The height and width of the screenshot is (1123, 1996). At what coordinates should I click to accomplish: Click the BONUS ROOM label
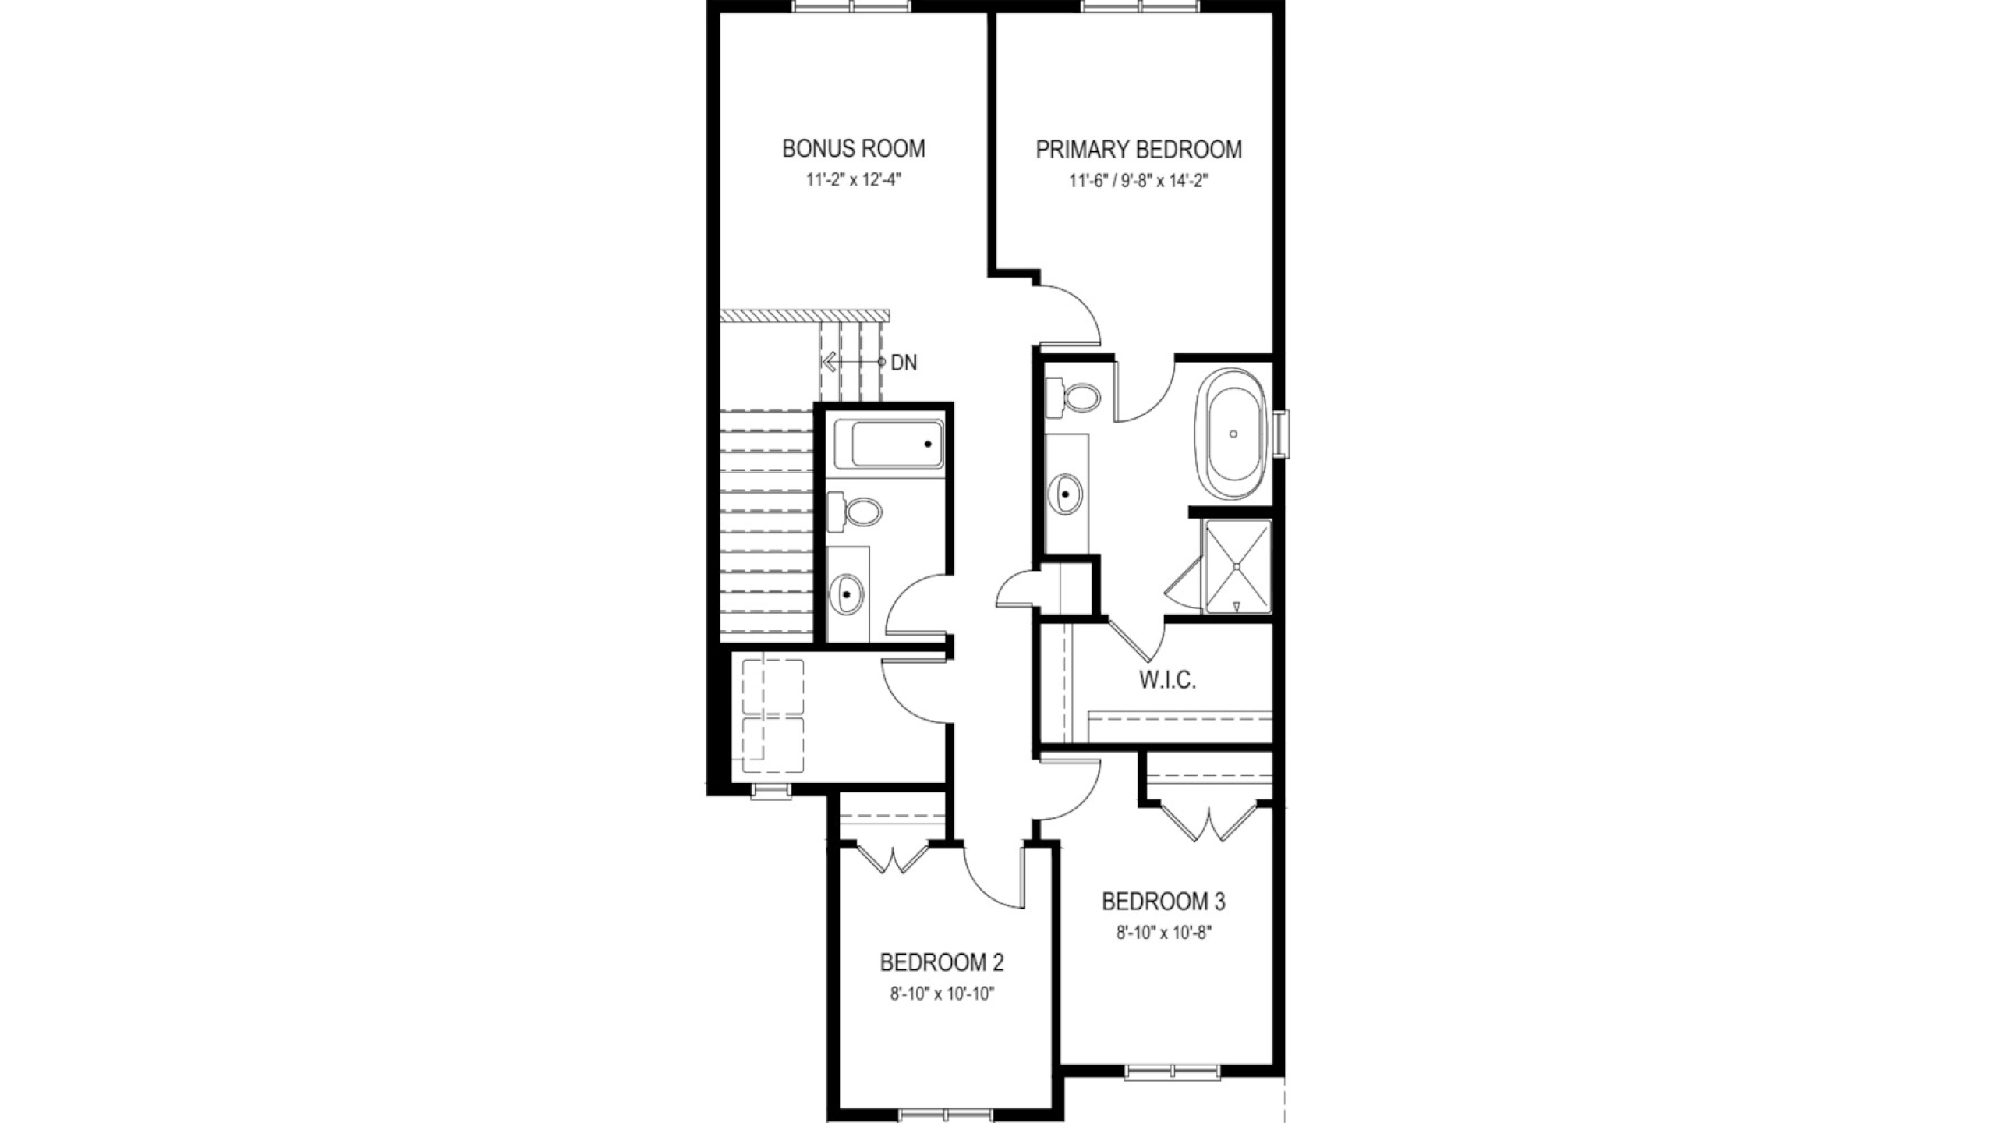pos(854,148)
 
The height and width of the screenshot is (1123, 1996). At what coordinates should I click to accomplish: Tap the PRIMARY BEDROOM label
pos(1139,149)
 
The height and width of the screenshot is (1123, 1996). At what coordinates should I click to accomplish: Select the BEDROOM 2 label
pos(942,962)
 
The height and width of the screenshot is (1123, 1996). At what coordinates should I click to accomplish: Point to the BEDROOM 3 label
pos(1163,902)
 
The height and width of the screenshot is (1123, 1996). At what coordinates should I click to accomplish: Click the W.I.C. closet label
pos(1167,680)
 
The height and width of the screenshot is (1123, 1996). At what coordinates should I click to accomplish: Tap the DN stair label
pos(904,363)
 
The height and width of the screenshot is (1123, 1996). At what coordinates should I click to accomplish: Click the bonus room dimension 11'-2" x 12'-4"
pos(854,180)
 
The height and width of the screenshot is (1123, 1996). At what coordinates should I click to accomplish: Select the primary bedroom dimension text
pos(1139,182)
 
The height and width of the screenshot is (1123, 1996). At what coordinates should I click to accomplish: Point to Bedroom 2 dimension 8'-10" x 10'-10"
pos(942,994)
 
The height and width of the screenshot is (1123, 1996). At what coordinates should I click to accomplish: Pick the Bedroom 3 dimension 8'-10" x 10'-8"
pos(1163,933)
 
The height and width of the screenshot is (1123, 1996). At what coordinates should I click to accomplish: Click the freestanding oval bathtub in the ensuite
pos(1233,434)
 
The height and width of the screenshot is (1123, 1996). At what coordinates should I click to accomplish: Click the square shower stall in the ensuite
pos(1237,567)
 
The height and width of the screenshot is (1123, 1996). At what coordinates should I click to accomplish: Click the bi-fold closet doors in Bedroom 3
pos(1208,821)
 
